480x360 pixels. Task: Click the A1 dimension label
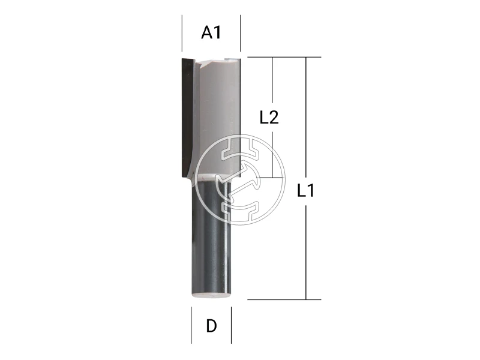tap(211, 32)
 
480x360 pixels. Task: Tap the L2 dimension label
tap(269, 118)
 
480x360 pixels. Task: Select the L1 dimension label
tap(306, 192)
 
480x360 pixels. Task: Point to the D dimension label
tap(211, 326)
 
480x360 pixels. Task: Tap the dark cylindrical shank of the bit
tap(211, 240)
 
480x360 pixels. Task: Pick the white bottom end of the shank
tap(211, 295)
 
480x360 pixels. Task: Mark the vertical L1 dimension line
tap(306, 240)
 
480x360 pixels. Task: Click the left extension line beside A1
tap(182, 33)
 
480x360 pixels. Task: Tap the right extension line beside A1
tap(240, 33)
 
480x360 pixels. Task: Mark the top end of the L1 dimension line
tap(306, 58)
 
